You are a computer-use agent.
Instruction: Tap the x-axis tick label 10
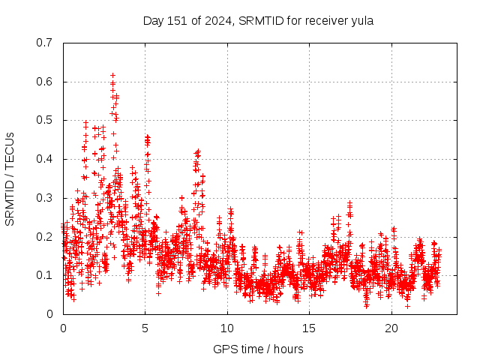point(227,328)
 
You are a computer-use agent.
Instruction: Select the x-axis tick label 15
point(309,328)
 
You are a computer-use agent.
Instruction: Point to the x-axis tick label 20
point(391,328)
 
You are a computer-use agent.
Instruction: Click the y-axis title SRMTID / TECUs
point(10,178)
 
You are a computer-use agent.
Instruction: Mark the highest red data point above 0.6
point(112,75)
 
